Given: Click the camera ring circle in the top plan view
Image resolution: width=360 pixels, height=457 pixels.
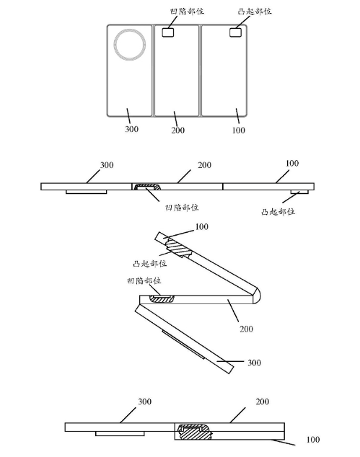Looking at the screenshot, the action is point(115,45).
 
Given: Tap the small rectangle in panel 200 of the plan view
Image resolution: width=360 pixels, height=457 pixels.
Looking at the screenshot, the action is point(168,32).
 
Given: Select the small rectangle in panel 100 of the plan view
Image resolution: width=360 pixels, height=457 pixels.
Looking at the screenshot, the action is point(235,32).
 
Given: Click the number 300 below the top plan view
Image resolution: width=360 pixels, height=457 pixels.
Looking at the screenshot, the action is point(131,129).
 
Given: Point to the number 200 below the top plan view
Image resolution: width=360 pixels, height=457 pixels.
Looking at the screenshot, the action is point(178,130).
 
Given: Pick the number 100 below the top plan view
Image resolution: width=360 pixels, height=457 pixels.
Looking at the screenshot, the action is point(238,130).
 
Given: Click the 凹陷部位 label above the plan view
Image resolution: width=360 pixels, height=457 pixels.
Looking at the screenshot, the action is point(187,12).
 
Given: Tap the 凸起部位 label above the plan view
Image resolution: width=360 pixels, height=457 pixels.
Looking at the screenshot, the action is point(255,12).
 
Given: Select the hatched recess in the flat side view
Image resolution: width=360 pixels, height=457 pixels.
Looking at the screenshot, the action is point(147,187).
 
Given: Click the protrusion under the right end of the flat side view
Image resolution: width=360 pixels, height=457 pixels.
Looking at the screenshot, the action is point(299,192).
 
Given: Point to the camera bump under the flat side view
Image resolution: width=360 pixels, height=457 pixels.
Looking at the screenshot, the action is point(86,192).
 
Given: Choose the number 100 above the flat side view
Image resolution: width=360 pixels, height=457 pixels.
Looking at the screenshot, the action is point(292,163).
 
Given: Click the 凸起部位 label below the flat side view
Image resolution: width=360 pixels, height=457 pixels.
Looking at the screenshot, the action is point(278,211).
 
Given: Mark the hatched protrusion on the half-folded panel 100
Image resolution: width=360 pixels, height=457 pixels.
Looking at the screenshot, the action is point(177,247).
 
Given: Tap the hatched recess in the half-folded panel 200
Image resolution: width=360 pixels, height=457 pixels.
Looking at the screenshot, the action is point(162,298).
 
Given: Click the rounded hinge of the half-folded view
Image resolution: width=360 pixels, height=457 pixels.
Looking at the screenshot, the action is point(256,295).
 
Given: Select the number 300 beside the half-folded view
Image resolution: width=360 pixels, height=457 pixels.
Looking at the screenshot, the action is point(254,363).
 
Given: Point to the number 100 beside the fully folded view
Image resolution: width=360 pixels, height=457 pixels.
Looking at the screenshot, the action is point(313,439).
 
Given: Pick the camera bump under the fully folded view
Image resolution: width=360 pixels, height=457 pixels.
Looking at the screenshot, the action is point(120,434).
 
